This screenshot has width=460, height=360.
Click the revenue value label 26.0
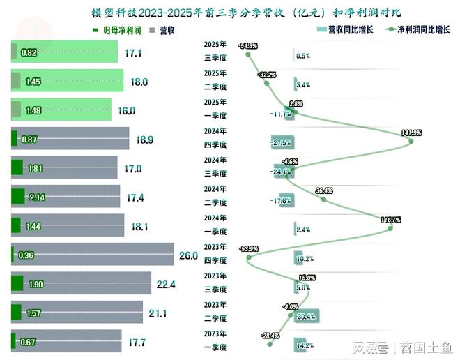(x=188, y=256)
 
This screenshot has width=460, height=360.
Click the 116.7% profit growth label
(x=390, y=220)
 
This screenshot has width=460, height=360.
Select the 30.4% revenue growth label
(x=305, y=317)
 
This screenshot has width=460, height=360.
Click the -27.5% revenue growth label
(x=281, y=142)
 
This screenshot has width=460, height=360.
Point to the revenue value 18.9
(x=144, y=140)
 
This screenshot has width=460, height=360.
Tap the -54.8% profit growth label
(x=247, y=46)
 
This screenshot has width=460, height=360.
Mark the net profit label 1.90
(x=36, y=284)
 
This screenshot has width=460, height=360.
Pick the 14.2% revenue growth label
(x=305, y=345)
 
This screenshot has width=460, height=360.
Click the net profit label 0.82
(x=29, y=53)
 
